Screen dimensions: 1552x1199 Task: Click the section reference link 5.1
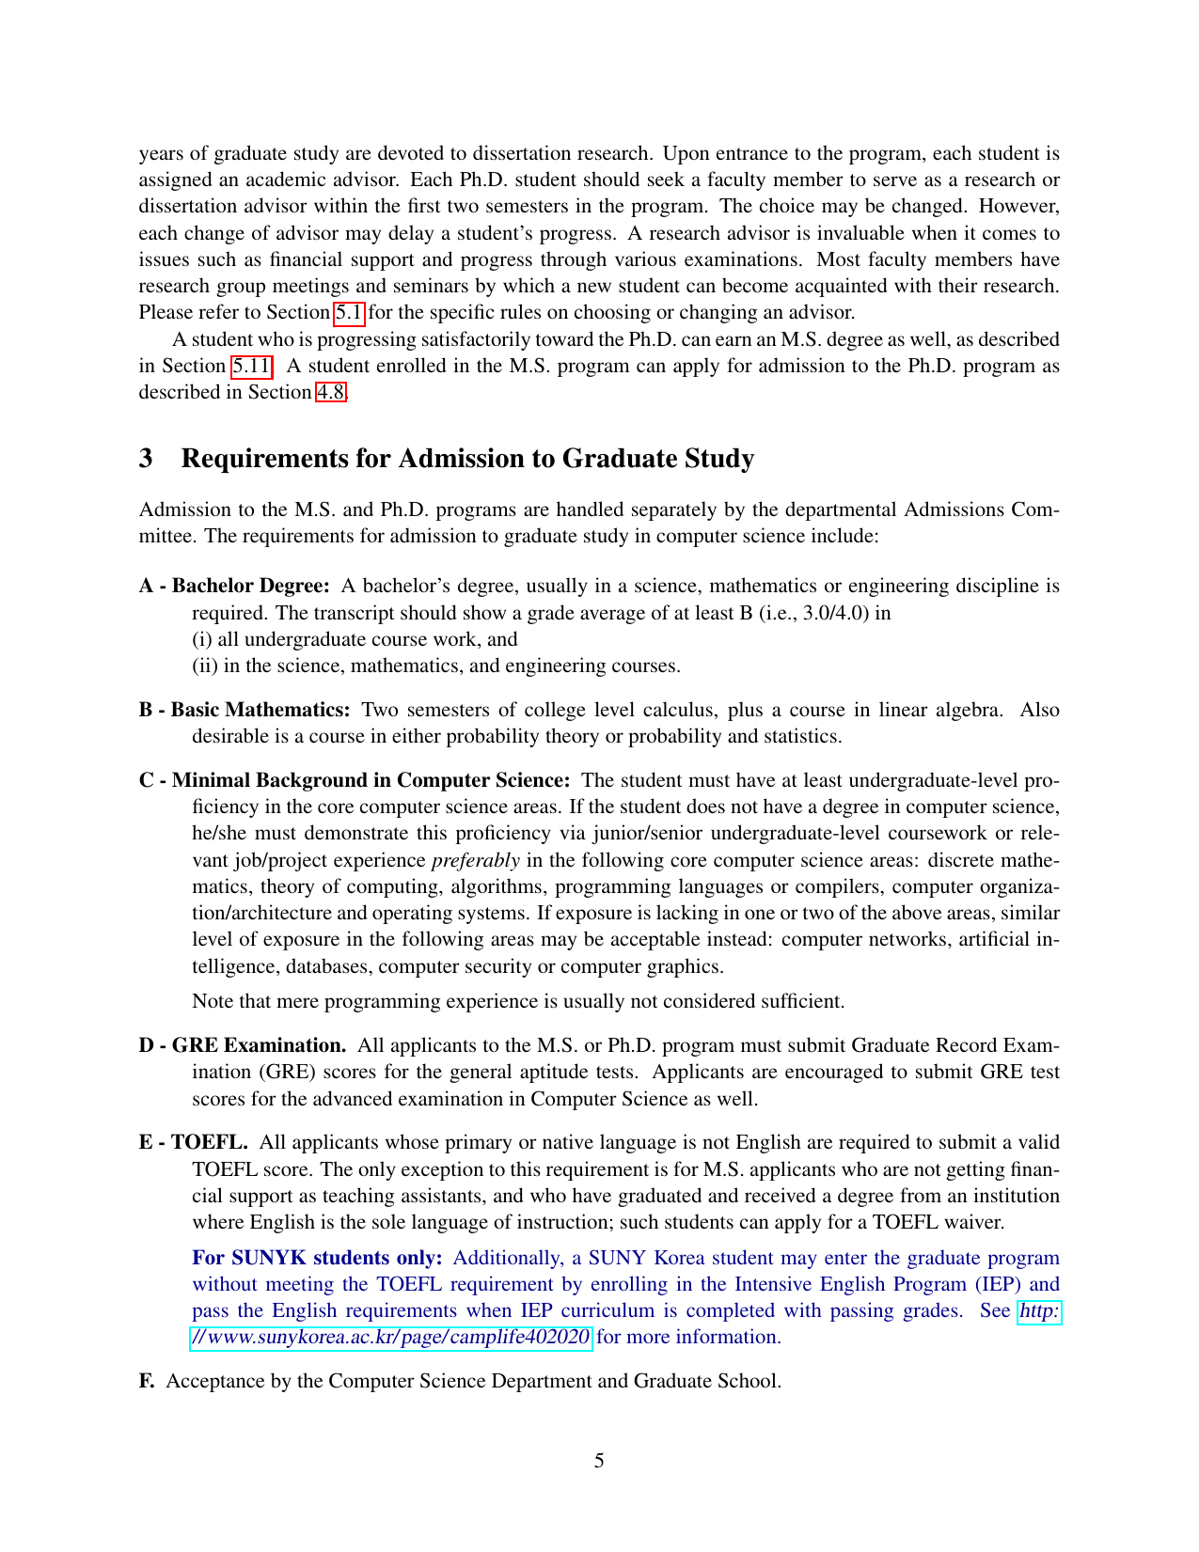[x=349, y=312]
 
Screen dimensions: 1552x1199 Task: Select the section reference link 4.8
[x=330, y=392]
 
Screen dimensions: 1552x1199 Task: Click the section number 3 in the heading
[x=146, y=459]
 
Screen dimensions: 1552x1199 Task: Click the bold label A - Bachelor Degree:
[x=234, y=586]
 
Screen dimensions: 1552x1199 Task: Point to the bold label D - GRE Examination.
[x=243, y=1045]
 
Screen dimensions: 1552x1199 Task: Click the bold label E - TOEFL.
[x=194, y=1142]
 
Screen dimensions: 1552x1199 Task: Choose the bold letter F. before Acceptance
[x=146, y=1381]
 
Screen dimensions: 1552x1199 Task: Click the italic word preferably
[x=476, y=860]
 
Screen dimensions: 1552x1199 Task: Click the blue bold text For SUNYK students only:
[x=317, y=1258]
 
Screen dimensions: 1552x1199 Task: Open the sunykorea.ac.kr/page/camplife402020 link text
[x=391, y=1337]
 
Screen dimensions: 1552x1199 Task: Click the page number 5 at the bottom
[x=599, y=1461]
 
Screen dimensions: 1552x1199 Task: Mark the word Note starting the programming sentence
[x=213, y=1001]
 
